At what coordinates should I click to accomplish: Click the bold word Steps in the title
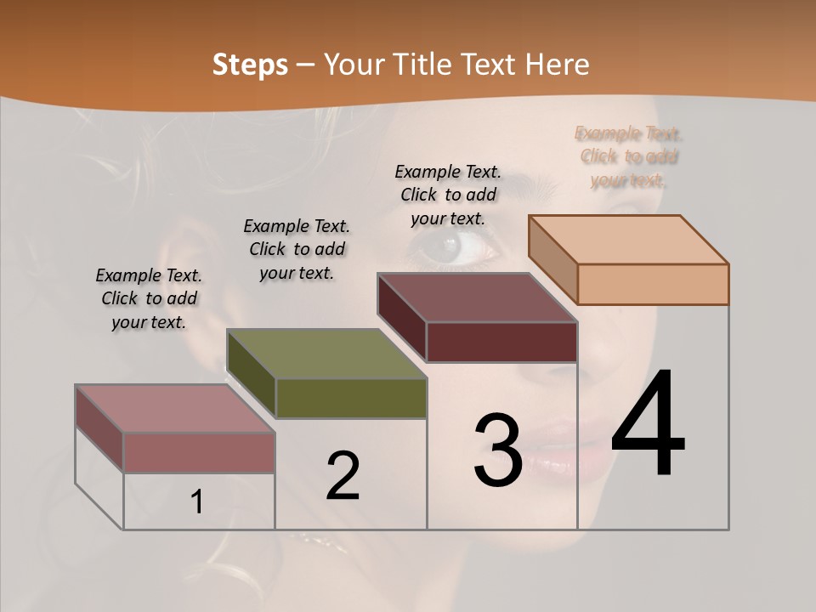pyautogui.click(x=250, y=65)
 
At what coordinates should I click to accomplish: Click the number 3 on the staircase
pyautogui.click(x=497, y=450)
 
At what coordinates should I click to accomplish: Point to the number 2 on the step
pyautogui.click(x=343, y=476)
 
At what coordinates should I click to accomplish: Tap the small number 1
pyautogui.click(x=197, y=502)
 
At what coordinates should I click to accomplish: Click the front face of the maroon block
pyautogui.click(x=501, y=342)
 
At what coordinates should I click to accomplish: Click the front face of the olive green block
pyautogui.click(x=351, y=398)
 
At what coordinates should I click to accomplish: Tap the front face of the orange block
pyautogui.click(x=653, y=284)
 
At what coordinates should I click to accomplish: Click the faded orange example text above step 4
pyautogui.click(x=629, y=156)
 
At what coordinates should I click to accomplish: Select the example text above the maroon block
pyautogui.click(x=449, y=195)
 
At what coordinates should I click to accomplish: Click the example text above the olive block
pyautogui.click(x=297, y=249)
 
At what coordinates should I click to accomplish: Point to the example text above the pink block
pyautogui.click(x=149, y=298)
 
